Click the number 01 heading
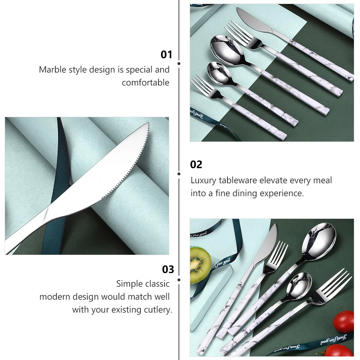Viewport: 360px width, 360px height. point(166,55)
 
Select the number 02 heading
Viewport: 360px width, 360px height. point(196,165)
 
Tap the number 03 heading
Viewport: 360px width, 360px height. point(168,269)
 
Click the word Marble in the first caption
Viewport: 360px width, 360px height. point(52,69)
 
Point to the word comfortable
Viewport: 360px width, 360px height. point(145,83)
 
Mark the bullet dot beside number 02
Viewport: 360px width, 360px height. point(179,174)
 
